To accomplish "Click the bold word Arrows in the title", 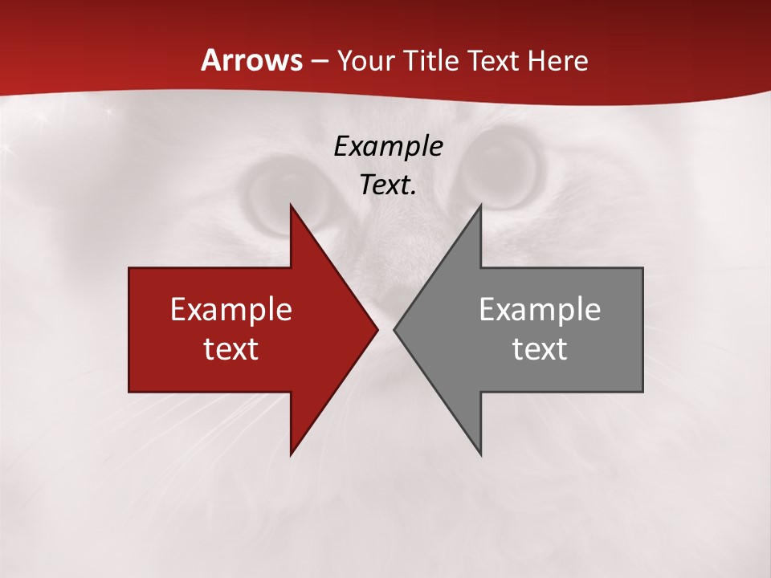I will pyautogui.click(x=251, y=60).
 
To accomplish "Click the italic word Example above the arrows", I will pyautogui.click(x=388, y=147).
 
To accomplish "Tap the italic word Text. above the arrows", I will pyautogui.click(x=388, y=185).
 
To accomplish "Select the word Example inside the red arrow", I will pyautogui.click(x=230, y=310).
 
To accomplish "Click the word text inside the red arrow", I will pyautogui.click(x=230, y=348).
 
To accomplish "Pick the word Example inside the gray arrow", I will pyautogui.click(x=540, y=310).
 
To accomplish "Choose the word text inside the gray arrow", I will pyautogui.click(x=540, y=348).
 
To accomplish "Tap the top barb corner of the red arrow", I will pyautogui.click(x=291, y=206).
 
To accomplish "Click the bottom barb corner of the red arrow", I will pyautogui.click(x=291, y=454).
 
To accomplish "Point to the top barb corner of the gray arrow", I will pyautogui.click(x=480, y=206).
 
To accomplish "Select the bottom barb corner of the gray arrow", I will pyautogui.click(x=480, y=454).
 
